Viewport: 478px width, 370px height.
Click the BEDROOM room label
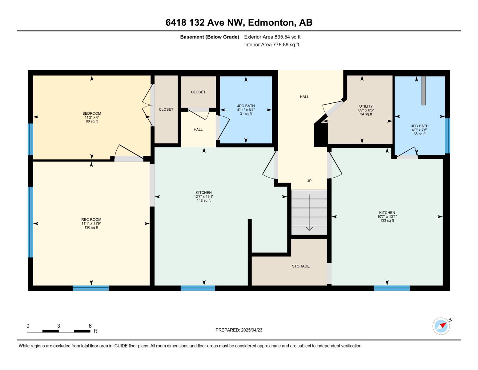point(91,113)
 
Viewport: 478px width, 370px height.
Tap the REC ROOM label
point(91,220)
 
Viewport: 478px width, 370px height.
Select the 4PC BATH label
point(246,106)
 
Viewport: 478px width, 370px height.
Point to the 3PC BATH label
point(420,126)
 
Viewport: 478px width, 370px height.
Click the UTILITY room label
point(366,106)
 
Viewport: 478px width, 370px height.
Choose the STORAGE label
point(301,266)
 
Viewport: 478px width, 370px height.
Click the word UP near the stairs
point(309,181)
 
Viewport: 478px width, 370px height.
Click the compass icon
point(441,326)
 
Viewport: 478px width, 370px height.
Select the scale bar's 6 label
point(90,326)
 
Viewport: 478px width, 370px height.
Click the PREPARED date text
point(239,330)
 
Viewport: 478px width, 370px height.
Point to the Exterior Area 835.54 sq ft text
point(272,37)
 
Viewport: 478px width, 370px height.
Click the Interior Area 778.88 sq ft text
point(271,45)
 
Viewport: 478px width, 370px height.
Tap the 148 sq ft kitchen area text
point(203,201)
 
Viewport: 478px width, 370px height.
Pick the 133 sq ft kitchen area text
point(387,221)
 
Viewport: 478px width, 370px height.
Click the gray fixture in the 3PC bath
point(424,91)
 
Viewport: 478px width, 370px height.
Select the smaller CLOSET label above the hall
point(198,92)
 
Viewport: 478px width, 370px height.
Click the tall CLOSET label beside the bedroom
point(166,109)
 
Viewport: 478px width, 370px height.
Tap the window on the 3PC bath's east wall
point(447,136)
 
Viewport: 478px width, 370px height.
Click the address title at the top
point(239,23)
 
